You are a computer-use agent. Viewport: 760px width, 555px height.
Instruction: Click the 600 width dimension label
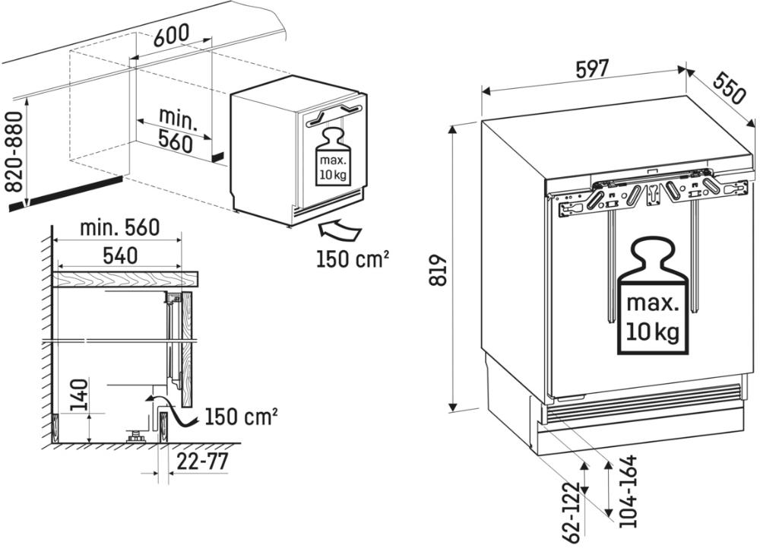[171, 36]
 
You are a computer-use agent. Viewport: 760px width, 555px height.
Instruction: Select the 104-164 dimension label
[627, 492]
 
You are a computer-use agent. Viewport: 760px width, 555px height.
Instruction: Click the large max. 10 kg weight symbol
[651, 300]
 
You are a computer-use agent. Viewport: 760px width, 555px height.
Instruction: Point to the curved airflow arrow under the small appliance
[338, 227]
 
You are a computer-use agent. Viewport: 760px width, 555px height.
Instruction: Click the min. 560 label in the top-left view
[176, 129]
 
